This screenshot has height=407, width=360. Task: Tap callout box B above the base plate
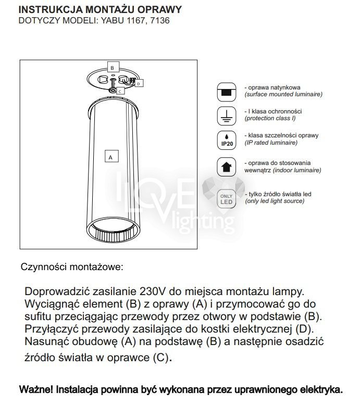point(111,67)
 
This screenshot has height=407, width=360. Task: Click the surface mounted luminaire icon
point(226,92)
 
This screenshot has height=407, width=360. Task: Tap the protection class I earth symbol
point(226,116)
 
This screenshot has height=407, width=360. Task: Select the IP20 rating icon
point(226,139)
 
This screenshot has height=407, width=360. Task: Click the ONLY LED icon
point(226,199)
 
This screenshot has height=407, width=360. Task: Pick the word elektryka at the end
point(323,389)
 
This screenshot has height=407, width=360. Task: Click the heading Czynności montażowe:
point(72,268)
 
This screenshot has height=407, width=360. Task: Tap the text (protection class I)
point(270,119)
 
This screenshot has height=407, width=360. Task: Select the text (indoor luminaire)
point(283,170)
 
